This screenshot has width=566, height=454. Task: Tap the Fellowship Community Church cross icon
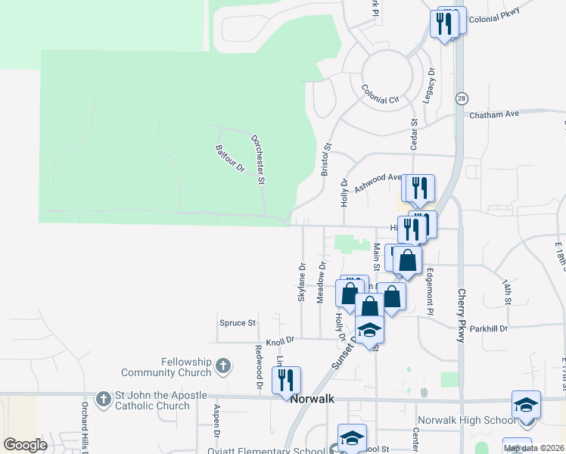[x=222, y=367]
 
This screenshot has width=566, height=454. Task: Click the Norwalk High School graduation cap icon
[x=526, y=405]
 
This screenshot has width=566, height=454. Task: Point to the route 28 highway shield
[x=462, y=98]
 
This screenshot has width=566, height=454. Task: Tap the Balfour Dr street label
[x=230, y=157]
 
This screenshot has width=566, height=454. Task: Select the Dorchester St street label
[x=258, y=160]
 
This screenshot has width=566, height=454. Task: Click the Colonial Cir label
[x=380, y=95]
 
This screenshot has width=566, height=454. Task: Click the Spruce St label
[x=238, y=323]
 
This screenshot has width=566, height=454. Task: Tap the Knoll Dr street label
[x=279, y=342]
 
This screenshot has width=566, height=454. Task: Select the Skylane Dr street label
[x=302, y=282]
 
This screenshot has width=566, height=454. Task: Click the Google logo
[x=25, y=445]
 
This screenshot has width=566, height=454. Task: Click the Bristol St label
[x=327, y=160]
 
